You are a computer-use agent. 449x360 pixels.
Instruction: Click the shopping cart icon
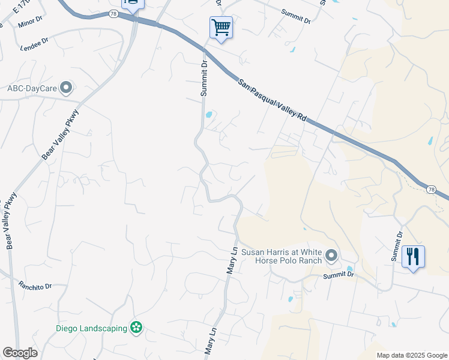tap(221, 27)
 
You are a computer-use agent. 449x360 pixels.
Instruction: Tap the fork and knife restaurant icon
tap(413, 257)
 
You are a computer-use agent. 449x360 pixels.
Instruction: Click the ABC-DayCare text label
tap(32, 88)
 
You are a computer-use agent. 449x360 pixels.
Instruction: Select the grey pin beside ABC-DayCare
tap(66, 88)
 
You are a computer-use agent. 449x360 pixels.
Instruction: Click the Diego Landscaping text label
tap(91, 328)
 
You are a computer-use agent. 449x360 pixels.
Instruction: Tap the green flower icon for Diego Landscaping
tap(136, 328)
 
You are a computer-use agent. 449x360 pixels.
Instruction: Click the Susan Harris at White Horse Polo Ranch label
tap(282, 257)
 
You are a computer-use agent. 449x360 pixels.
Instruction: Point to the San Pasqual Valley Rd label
tap(272, 101)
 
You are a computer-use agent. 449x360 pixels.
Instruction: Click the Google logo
tap(20, 353)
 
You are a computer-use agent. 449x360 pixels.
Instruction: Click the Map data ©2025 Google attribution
tap(412, 355)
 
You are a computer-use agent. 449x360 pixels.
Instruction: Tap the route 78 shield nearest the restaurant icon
tap(431, 190)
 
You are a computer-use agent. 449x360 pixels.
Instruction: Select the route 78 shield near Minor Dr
tap(113, 14)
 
